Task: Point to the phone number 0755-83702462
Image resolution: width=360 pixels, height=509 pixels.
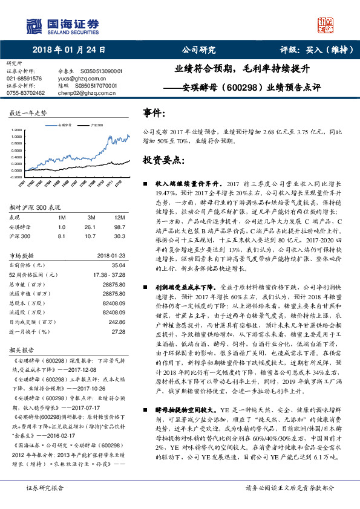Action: point(25,93)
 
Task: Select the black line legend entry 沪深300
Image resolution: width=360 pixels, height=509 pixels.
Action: point(96,124)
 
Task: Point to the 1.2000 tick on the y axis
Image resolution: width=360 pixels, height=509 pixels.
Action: point(16,130)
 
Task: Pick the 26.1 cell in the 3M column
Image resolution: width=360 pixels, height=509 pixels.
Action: point(92,227)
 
